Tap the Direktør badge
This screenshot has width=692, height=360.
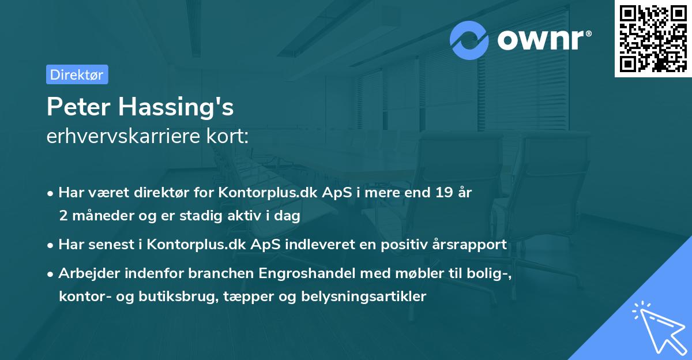click(77, 74)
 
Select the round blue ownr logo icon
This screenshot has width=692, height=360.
click(469, 40)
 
